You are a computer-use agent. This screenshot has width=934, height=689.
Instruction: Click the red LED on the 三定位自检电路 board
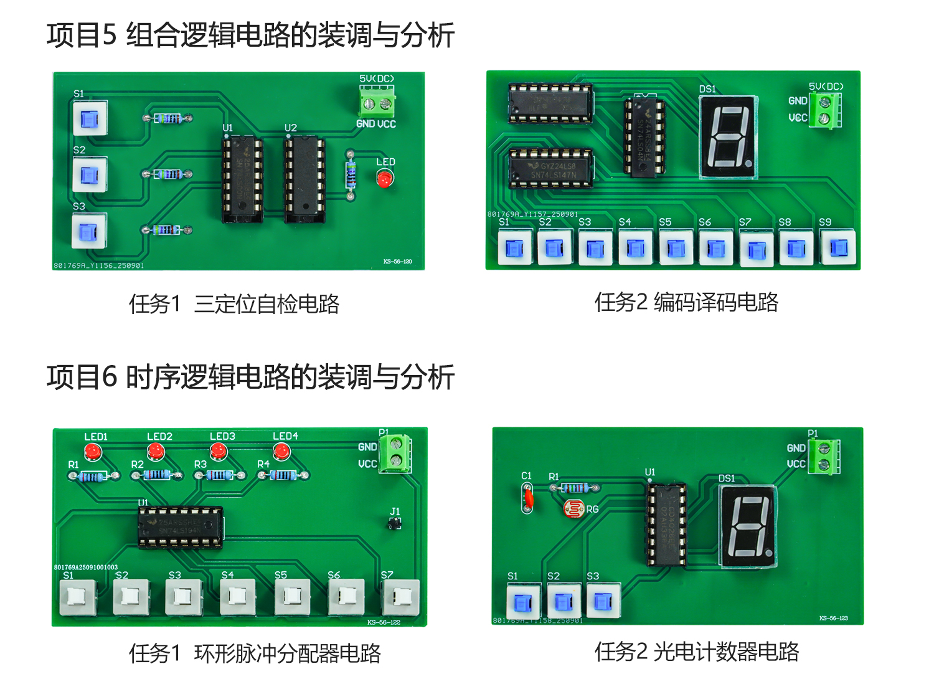(x=385, y=179)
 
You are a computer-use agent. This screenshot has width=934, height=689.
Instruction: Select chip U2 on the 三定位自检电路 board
(x=304, y=179)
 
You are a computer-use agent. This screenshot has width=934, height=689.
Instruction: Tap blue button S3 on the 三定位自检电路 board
(x=89, y=231)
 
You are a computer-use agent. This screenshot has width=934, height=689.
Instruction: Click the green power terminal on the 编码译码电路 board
(x=825, y=110)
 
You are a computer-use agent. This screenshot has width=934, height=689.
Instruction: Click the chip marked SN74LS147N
(x=551, y=168)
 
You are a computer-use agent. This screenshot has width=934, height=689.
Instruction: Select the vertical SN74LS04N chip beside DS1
(x=644, y=137)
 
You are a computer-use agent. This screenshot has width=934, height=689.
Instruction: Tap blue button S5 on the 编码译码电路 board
(x=675, y=249)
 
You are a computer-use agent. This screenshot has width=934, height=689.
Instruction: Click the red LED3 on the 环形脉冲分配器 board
(x=219, y=451)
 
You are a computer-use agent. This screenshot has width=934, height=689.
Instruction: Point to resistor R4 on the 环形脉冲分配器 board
(x=283, y=476)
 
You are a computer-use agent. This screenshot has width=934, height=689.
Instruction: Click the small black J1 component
(x=394, y=524)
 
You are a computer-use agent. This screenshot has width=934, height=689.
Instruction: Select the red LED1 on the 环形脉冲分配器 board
(x=93, y=451)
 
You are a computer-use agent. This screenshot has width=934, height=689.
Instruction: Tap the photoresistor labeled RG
(x=573, y=508)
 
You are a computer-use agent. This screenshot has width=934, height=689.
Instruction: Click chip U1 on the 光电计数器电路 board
(x=667, y=525)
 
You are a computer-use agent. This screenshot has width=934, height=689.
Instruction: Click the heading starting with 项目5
(x=250, y=35)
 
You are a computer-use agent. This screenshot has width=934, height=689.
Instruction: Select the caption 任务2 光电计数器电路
(x=696, y=652)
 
